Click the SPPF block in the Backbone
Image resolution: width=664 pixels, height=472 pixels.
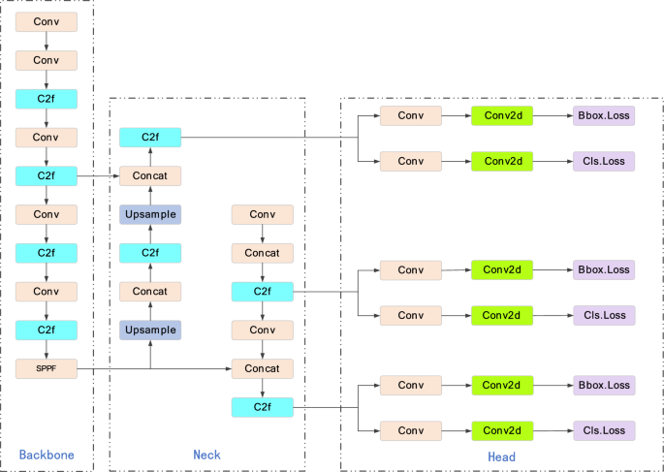pos(46,368)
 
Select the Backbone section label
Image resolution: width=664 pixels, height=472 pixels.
pos(46,455)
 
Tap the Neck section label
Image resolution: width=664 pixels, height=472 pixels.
pos(206,455)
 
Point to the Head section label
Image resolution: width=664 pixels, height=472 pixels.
pos(501,456)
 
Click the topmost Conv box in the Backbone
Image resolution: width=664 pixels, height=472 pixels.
pos(46,20)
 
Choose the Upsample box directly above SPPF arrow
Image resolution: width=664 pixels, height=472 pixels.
pos(150,330)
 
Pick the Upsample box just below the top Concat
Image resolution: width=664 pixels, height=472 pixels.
pos(150,214)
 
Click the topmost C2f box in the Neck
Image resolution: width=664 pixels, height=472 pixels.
pos(150,138)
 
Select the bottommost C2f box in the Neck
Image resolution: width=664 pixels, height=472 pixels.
pos(262,407)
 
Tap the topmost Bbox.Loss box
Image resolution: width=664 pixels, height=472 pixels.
pos(603,116)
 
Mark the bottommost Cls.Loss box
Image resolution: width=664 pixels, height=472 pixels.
pos(603,429)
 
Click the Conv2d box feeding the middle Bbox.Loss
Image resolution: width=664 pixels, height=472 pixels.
pos(502,269)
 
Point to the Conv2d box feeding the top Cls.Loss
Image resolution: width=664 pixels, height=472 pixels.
pos(502,161)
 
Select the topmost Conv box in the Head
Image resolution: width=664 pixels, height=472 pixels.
pos(411,116)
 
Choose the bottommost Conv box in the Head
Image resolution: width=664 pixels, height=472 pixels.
pos(411,429)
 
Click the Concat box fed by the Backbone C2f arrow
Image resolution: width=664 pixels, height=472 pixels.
pos(150,175)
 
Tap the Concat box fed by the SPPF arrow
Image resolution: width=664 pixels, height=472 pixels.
pos(262,368)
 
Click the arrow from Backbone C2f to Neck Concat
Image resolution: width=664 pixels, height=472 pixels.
pos(97,176)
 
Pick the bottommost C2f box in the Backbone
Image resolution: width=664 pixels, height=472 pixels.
pos(46,330)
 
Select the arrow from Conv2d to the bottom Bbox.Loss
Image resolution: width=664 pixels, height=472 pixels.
pos(553,386)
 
